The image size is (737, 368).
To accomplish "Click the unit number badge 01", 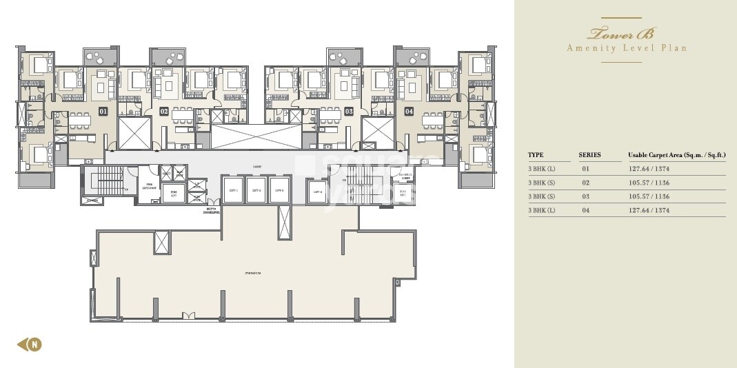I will coord(103,111).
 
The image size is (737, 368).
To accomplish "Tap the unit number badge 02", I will coord(164,111).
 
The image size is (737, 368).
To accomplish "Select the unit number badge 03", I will coord(349,111).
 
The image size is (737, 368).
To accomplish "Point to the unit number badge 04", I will coord(409,111).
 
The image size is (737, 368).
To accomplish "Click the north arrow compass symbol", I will coord(29,344).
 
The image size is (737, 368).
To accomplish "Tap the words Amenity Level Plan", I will coord(626,48).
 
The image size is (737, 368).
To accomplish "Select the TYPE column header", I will coord(536,155).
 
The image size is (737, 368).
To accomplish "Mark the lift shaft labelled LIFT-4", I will coord(318,193).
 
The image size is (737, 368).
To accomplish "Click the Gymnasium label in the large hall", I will coord(254,274).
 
